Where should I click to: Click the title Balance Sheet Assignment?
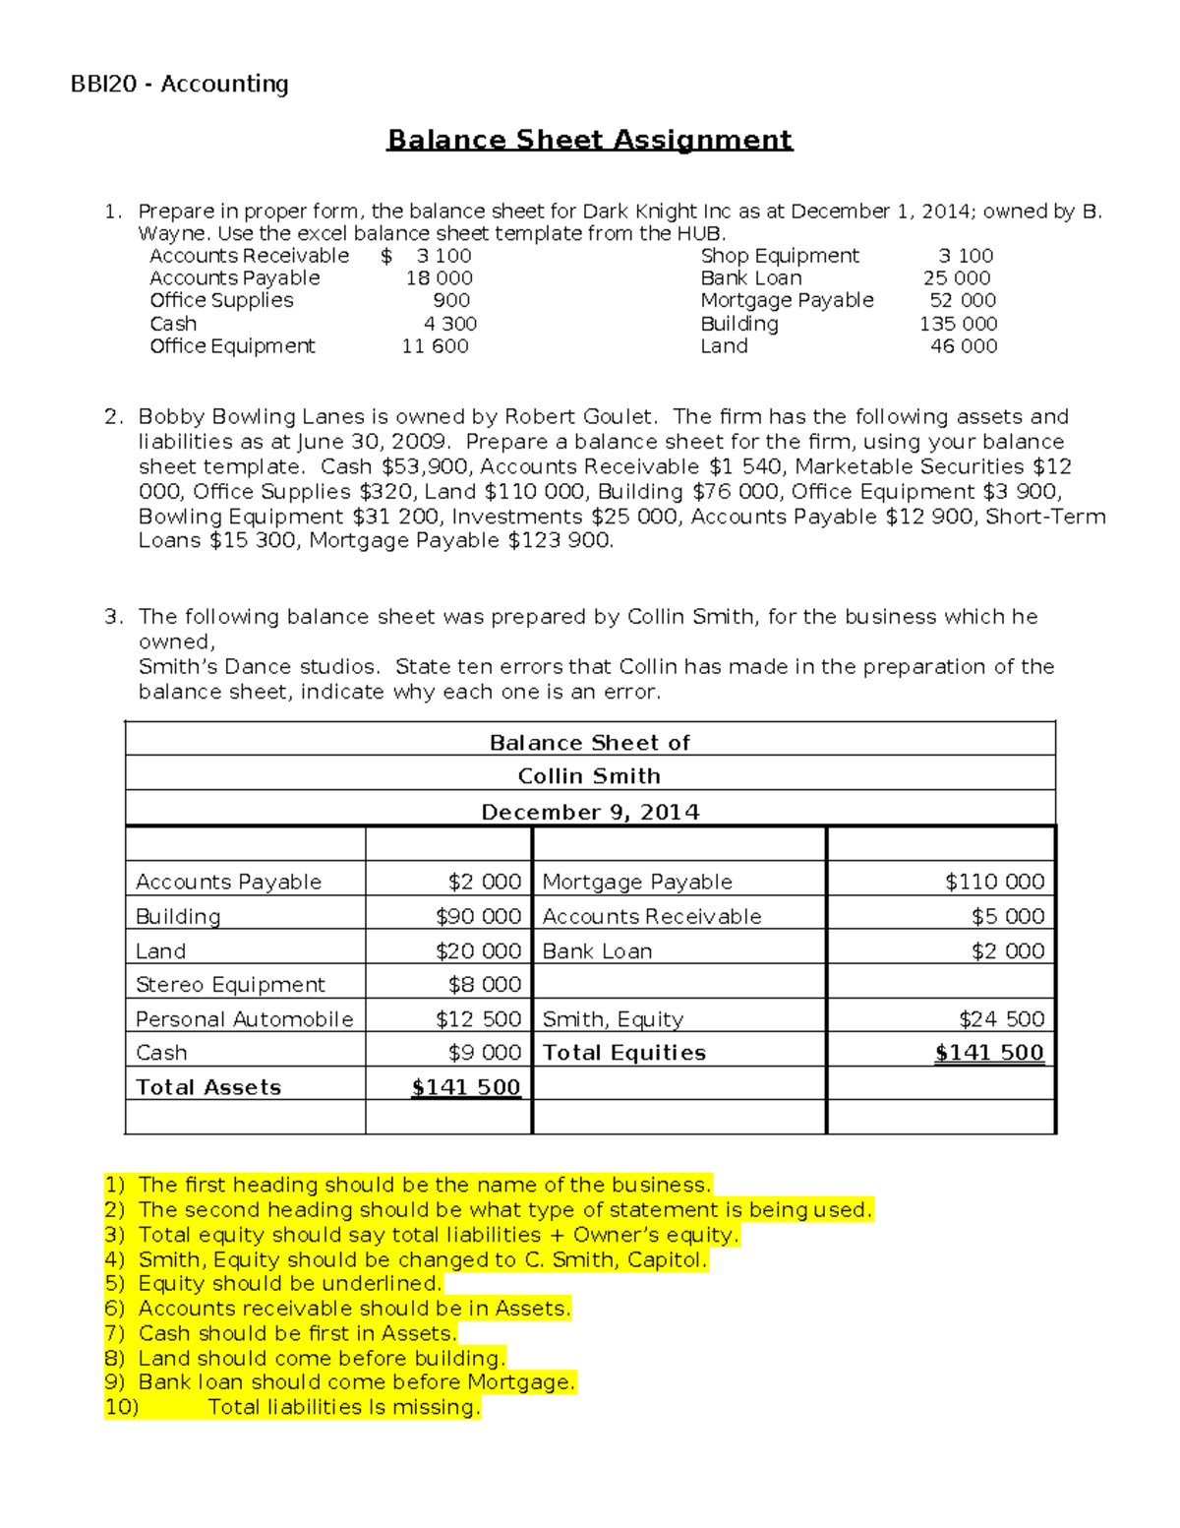(589, 140)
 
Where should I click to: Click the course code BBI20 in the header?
(103, 85)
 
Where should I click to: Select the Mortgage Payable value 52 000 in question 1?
(963, 300)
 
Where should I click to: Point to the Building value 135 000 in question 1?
(958, 324)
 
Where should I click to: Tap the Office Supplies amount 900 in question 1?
(451, 300)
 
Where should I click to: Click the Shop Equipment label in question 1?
(780, 256)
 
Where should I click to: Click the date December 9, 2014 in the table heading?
(590, 812)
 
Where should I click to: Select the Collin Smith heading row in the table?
(589, 776)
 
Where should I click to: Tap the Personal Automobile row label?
(244, 1019)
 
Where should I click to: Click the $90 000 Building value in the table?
(478, 916)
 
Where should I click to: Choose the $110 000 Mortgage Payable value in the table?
(994, 882)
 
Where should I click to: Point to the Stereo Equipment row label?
(230, 985)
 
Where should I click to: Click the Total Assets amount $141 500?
(466, 1087)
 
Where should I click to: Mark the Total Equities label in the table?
(623, 1053)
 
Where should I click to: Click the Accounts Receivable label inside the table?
(651, 916)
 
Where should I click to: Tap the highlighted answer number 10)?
(122, 1407)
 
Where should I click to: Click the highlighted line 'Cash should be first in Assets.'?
(297, 1333)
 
